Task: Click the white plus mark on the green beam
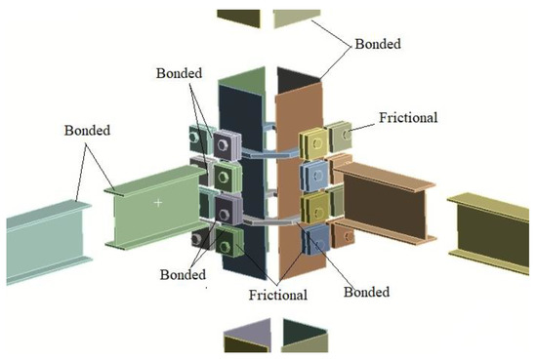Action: (157, 202)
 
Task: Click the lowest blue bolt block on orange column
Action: (318, 237)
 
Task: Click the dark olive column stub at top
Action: (234, 17)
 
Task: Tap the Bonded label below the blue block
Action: (367, 291)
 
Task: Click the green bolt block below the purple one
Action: (227, 176)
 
